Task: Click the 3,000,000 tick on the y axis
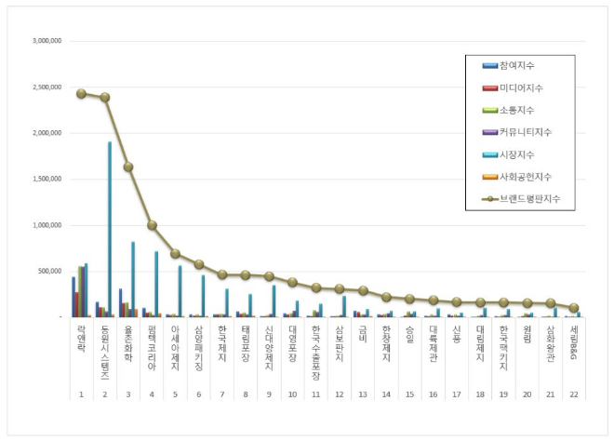tap(46, 42)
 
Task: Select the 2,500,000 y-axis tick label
tap(46, 87)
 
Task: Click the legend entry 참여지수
tap(517, 65)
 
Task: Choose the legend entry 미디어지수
tap(520, 87)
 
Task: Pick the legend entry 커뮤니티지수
tap(526, 132)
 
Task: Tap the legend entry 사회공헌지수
tap(526, 177)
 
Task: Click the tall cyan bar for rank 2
tap(110, 233)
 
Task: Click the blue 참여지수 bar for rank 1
tap(73, 297)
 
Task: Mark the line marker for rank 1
tap(81, 93)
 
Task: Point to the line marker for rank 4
tap(152, 225)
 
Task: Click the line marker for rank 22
tap(574, 307)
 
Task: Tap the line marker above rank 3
tap(128, 167)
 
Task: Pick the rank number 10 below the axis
tap(292, 394)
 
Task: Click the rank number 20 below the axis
tap(527, 394)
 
